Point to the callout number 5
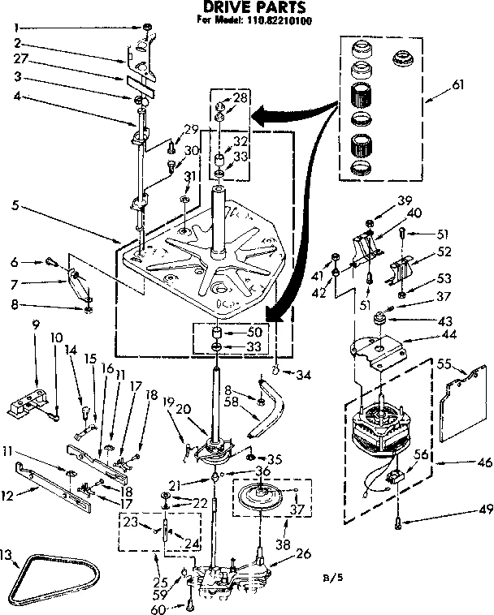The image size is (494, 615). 15,205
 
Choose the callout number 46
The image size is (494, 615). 461,464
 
